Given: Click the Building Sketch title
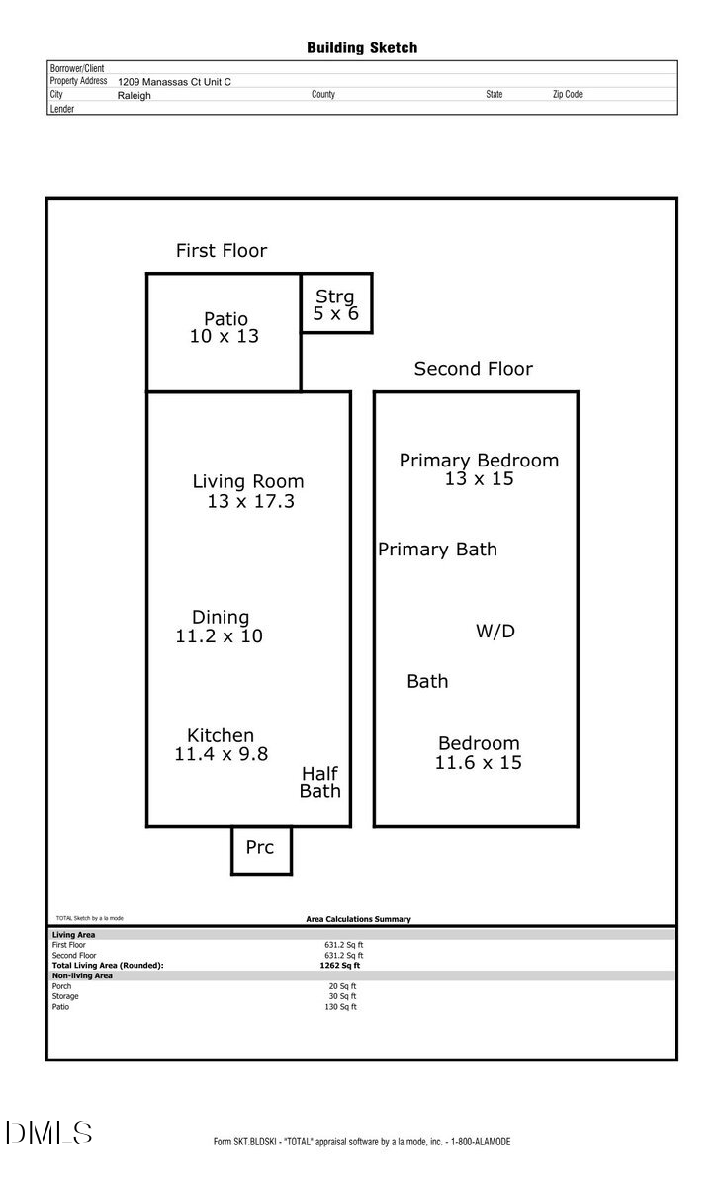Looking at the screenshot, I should coord(362,47).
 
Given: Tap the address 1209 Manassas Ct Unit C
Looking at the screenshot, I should coord(174,83).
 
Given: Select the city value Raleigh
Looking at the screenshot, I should coord(135,96).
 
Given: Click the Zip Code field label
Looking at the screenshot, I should coord(567,95).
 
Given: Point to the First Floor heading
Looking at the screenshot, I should coord(222,251).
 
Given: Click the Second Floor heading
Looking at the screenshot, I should coord(473,369).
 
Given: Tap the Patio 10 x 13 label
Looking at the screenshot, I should coord(225,327).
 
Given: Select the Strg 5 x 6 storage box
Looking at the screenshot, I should coord(336,304).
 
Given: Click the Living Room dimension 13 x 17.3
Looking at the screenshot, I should coord(250,501).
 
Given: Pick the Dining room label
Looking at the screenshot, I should coord(221,618).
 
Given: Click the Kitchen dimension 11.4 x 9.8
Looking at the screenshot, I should coord(221,754).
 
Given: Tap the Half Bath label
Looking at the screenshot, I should coord(320,782).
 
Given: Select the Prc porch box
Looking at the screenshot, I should coord(261,849).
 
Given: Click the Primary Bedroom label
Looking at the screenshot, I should coord(479,461).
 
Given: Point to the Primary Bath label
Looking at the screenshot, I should coord(437,550).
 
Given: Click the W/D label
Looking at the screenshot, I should coord(495,631).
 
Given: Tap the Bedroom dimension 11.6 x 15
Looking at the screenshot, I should coord(479,762).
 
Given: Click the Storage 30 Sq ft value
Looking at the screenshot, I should coord(340,996).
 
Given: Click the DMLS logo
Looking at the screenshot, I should coord(48,1134).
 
